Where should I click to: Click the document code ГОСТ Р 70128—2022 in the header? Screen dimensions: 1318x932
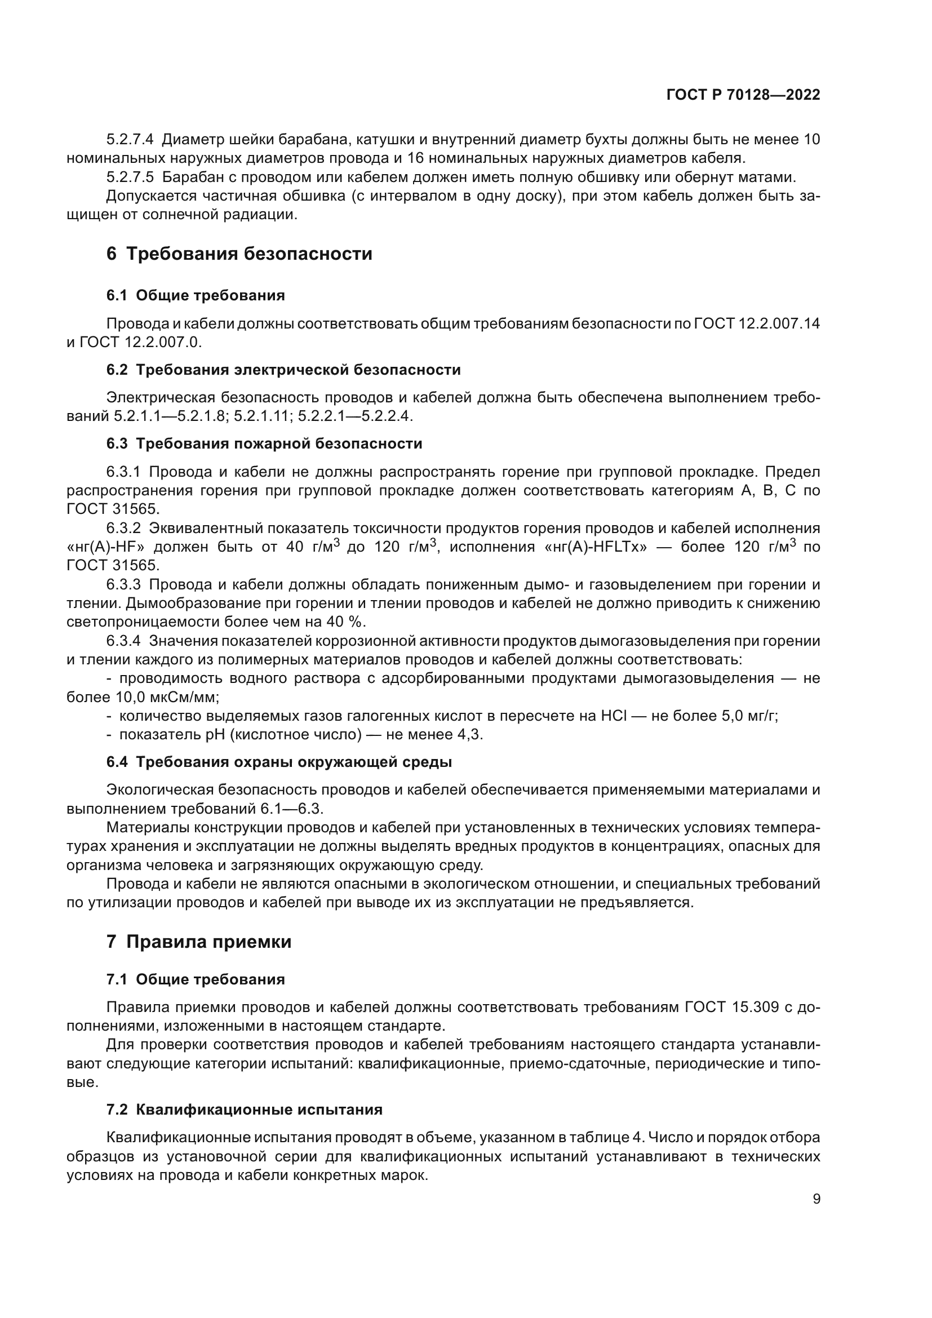pyautogui.click(x=743, y=95)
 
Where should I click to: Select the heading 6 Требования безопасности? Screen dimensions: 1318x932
pyautogui.click(x=239, y=254)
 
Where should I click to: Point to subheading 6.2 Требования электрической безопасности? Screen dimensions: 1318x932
pyautogui.click(x=283, y=370)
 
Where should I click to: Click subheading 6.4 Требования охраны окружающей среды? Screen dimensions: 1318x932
pyautogui.click(x=279, y=762)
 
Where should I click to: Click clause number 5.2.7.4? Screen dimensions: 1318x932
pyautogui.click(x=130, y=140)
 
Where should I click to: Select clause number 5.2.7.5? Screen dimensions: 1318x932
pyautogui.click(x=130, y=177)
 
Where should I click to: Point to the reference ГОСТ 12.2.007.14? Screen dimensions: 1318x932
pyautogui.click(x=757, y=324)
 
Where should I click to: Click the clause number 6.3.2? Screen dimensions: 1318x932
pyautogui.click(x=123, y=528)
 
